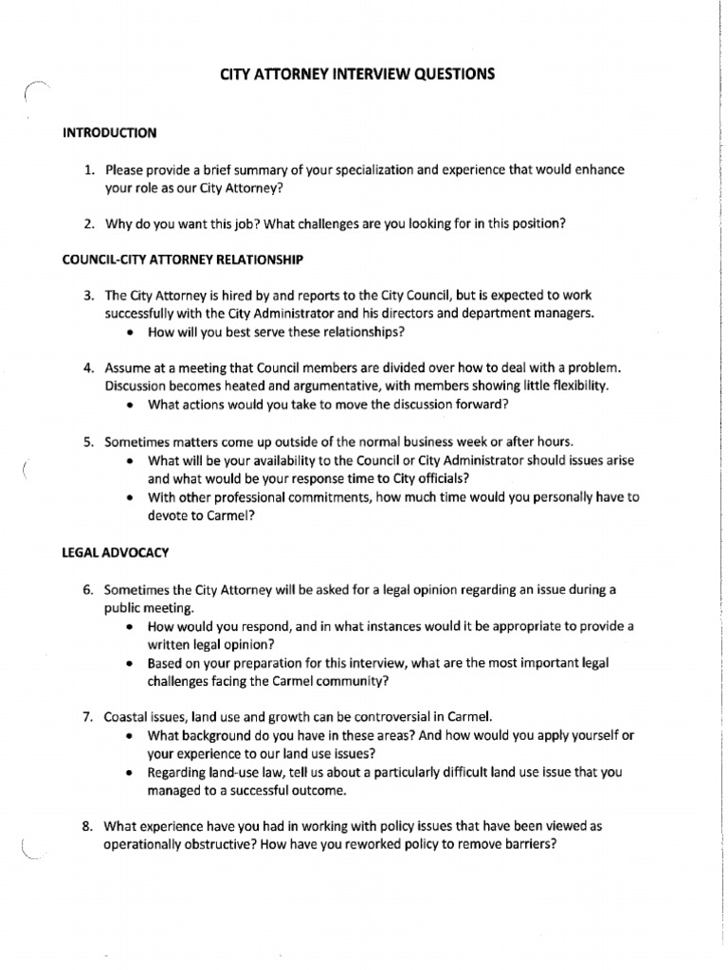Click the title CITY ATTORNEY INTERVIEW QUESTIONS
(x=356, y=74)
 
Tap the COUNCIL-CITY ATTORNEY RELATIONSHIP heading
(x=183, y=259)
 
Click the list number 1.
(x=87, y=171)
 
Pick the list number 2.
(x=87, y=224)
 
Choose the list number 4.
(x=87, y=367)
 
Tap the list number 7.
(x=87, y=716)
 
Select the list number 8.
(x=87, y=826)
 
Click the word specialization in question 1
(x=369, y=171)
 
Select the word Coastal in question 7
(x=125, y=716)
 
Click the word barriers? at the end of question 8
(x=523, y=844)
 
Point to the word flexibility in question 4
(x=575, y=386)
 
